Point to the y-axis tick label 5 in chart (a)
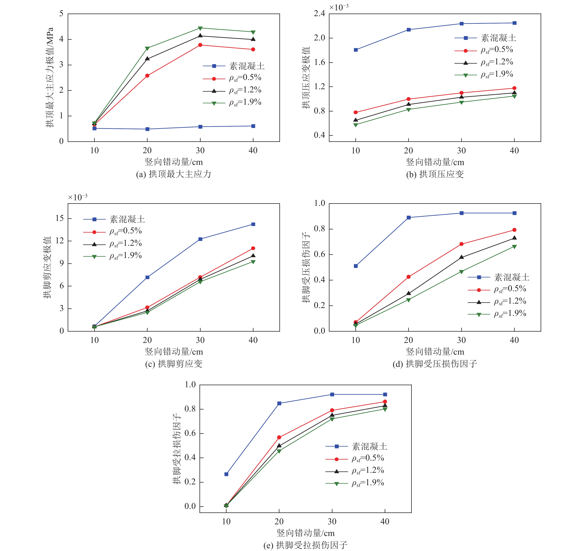(x=61, y=14)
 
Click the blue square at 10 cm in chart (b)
(x=356, y=50)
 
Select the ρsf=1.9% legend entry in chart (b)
(x=496, y=74)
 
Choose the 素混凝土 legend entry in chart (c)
(x=127, y=219)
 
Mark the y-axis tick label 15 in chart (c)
(x=60, y=218)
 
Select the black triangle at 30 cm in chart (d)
(x=461, y=257)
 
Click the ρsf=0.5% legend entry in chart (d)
(x=510, y=289)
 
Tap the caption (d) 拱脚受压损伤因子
(x=435, y=364)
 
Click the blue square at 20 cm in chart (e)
(x=279, y=404)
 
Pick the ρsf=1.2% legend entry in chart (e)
(x=368, y=471)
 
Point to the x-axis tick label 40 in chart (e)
(x=385, y=522)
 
